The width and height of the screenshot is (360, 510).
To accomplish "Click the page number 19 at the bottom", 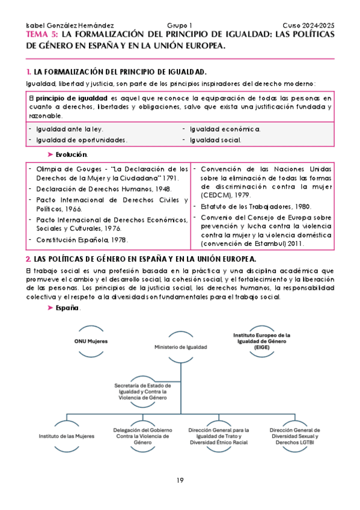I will (180, 479).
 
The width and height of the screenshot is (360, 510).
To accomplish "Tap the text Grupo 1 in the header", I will (180, 26).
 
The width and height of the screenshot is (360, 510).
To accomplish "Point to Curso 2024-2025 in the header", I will (307, 26).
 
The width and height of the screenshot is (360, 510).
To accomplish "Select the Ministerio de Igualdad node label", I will (181, 348).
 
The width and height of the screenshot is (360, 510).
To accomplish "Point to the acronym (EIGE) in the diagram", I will (262, 347).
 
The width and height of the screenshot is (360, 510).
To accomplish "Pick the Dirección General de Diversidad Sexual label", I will (294, 436).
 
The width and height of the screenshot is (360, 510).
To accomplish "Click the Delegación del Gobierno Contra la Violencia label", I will (142, 435).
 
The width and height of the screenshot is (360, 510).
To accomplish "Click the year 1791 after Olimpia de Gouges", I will (168, 179).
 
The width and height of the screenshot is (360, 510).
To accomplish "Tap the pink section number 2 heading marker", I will (28, 259).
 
